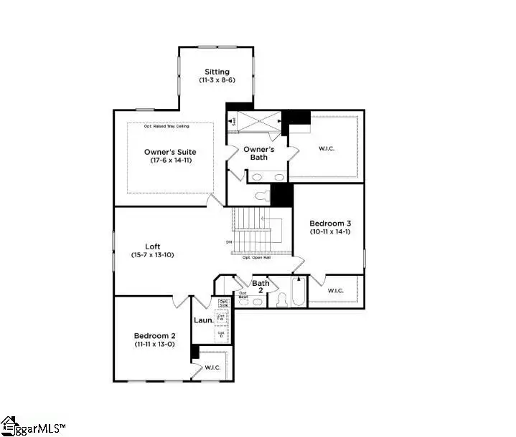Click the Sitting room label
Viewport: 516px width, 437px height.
[217, 72]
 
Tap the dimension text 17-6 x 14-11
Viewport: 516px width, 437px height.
[169, 160]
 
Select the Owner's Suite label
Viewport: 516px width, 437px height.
[169, 152]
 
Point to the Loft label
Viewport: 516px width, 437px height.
[152, 246]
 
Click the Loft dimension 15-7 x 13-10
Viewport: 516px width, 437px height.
[152, 255]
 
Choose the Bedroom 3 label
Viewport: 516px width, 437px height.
[329, 223]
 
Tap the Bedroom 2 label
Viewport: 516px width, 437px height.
[154, 335]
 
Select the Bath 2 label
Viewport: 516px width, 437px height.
[261, 287]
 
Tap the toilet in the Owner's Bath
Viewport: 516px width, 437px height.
[261, 194]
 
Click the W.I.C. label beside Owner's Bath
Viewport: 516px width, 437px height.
[327, 148]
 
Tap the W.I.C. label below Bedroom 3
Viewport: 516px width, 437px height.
[335, 291]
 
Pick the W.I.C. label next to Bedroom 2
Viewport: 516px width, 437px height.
[212, 368]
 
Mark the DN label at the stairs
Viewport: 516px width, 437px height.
[229, 242]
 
